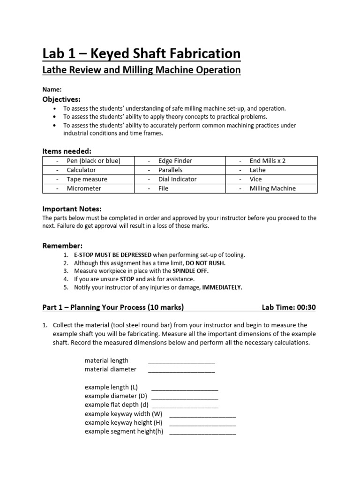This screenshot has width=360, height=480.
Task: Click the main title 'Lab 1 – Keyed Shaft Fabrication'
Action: click(x=142, y=53)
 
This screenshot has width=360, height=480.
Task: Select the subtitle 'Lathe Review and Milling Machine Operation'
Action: click(x=142, y=70)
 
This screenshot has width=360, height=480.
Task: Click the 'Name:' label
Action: click(x=52, y=89)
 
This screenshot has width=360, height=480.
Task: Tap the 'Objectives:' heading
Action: click(x=61, y=99)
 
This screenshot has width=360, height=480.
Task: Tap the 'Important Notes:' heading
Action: click(x=72, y=209)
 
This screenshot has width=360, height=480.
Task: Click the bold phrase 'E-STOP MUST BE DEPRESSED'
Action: click(x=112, y=255)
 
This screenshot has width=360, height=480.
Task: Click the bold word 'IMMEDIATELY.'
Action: click(x=222, y=287)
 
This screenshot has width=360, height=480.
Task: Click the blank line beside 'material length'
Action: click(x=181, y=362)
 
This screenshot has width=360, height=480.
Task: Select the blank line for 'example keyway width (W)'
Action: click(x=202, y=415)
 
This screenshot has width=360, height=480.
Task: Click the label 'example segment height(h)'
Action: click(x=124, y=432)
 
